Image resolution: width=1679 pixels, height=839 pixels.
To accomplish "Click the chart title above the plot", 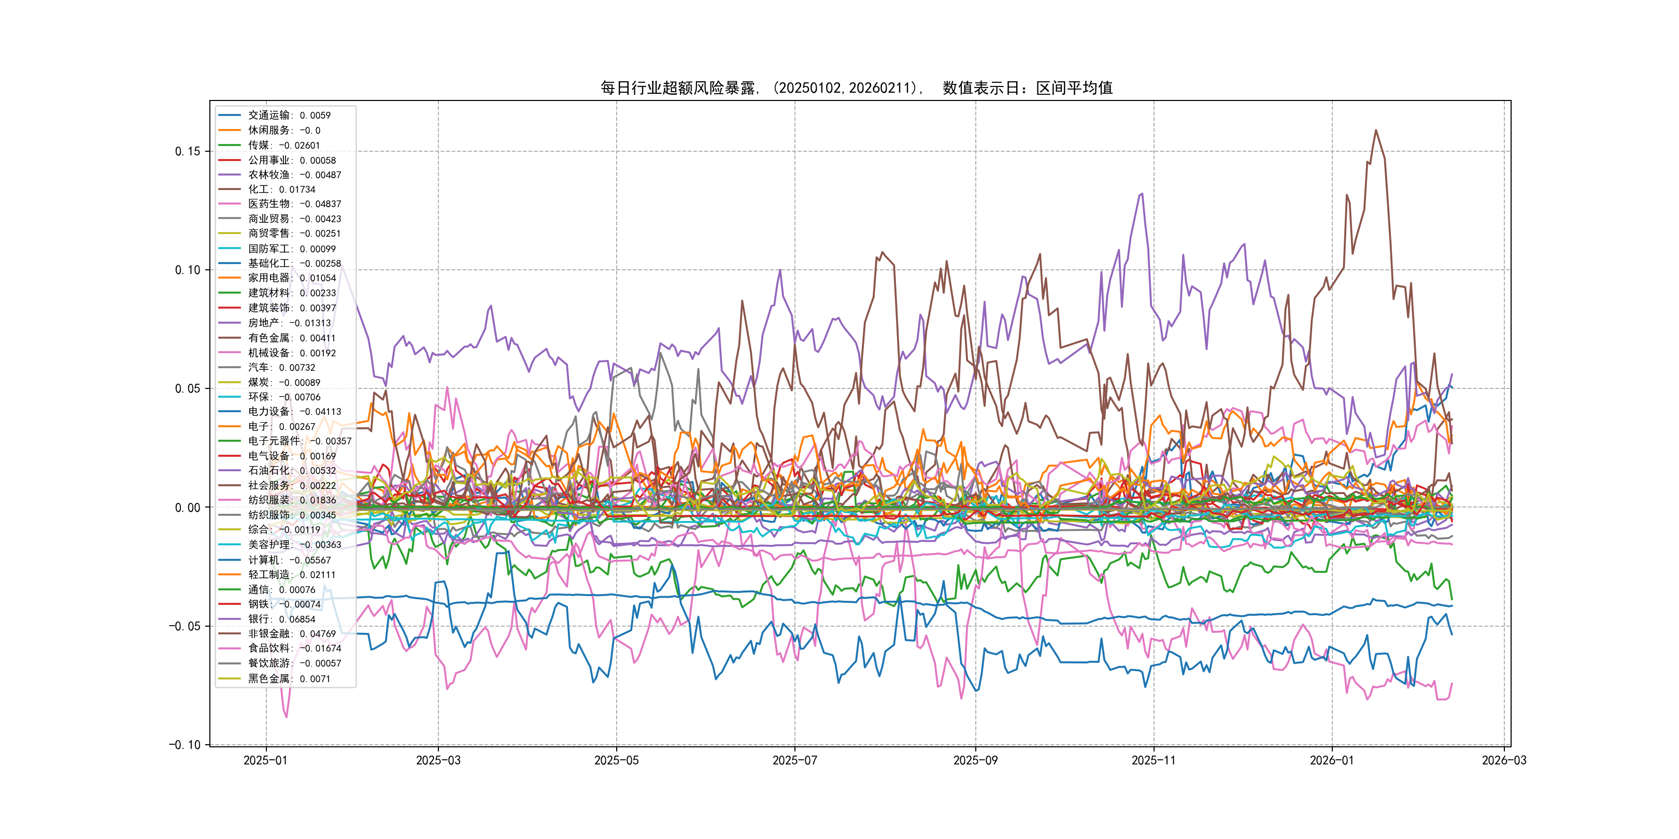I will [x=857, y=88].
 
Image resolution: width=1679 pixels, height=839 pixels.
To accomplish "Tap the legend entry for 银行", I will [x=281, y=619].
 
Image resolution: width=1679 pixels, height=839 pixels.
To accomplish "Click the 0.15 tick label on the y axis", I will [x=187, y=151].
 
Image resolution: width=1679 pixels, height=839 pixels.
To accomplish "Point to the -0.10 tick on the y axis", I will [x=184, y=745].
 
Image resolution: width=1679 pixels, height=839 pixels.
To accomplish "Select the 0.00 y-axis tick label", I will [x=187, y=508].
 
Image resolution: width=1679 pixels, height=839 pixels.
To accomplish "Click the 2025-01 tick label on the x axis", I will [x=265, y=760].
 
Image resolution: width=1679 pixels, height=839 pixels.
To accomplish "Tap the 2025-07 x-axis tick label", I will [x=794, y=760].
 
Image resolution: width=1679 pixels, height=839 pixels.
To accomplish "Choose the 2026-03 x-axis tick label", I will [x=1504, y=760].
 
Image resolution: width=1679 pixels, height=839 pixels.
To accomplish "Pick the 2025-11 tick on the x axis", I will [x=1154, y=760].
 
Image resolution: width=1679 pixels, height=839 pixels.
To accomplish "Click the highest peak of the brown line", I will [x=1376, y=131].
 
